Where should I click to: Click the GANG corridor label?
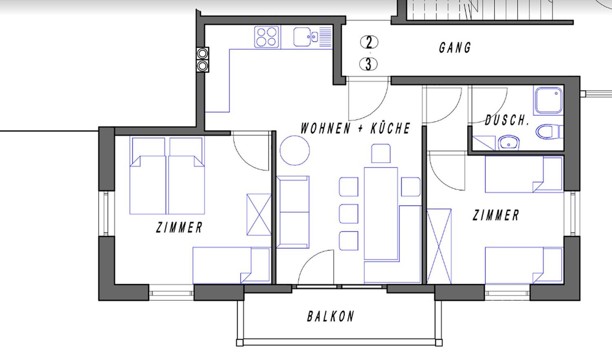coord(455,48)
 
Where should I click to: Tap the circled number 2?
coord(369,42)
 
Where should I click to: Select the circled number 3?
coord(369,64)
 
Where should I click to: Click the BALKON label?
coord(331,316)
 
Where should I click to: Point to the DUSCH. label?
coord(507,120)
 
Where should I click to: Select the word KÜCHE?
coord(390,128)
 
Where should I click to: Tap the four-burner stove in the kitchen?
coord(266,37)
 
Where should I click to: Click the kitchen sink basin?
coord(302,37)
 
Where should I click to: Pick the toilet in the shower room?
coord(549,132)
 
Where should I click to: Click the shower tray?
coord(549,100)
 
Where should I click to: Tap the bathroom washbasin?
coord(508,143)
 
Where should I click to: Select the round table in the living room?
coord(295,150)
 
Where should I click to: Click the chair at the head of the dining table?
coord(381,153)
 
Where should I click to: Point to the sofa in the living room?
coord(293,212)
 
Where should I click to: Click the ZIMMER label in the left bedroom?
coord(179,227)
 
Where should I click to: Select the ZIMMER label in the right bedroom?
coord(496,215)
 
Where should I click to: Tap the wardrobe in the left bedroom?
coord(259,215)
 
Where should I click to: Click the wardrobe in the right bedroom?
coord(439,246)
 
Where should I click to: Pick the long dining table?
coord(381,214)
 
